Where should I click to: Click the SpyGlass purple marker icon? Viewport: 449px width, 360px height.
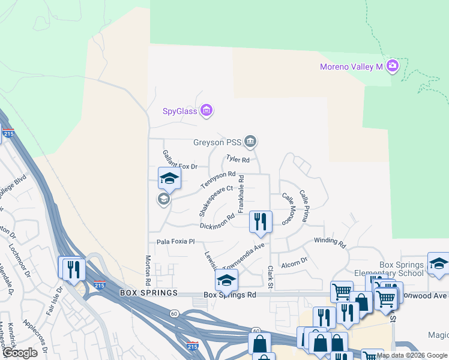207,110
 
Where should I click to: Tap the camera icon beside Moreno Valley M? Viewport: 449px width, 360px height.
393,65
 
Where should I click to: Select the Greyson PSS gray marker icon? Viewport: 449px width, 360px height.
250,142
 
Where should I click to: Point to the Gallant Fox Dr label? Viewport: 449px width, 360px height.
180,161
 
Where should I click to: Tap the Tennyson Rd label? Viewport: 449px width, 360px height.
218,178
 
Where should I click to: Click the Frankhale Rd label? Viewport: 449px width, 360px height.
241,193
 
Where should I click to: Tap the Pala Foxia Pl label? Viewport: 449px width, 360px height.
176,241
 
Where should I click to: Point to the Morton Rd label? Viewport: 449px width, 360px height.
147,270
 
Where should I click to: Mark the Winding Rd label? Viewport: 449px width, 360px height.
330,242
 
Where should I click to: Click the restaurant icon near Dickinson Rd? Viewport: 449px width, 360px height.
261,221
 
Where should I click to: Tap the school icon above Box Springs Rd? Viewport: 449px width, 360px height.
226,280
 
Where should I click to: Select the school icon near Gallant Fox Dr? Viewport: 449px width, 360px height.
169,178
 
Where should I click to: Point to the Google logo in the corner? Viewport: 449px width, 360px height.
19,353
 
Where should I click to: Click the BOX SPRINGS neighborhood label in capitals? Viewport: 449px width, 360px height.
149,293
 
